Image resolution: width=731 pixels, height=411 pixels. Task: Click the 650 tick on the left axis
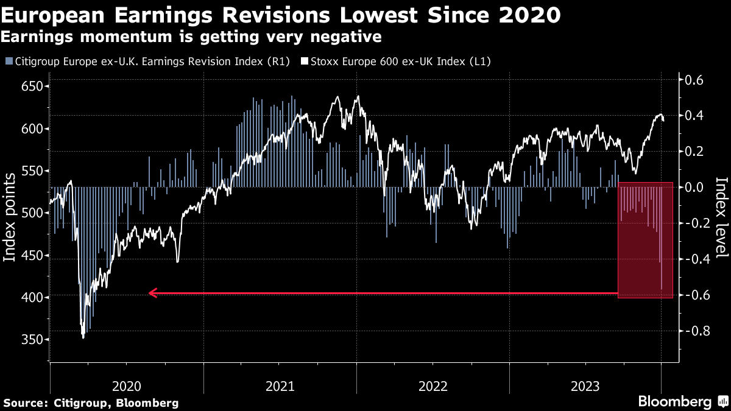point(33,86)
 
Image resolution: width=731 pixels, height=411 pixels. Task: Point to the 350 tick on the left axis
point(33,340)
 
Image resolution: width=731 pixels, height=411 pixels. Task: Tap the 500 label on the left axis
point(33,213)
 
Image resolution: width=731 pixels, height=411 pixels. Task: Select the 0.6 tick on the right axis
point(694,80)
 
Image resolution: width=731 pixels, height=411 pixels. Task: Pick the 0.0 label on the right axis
point(694,187)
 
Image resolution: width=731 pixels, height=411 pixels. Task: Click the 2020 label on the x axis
point(127,385)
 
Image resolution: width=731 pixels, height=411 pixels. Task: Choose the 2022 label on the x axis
point(433,385)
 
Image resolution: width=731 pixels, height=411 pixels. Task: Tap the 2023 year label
point(587,385)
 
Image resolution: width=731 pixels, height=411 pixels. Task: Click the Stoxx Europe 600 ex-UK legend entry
point(400,61)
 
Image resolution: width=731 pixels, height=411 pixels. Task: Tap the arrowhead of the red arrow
point(152,293)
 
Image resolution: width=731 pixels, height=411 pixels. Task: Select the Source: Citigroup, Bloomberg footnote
point(91,402)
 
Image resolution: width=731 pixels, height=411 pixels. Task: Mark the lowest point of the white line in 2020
point(83,337)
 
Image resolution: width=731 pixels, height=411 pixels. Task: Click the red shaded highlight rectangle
point(645,240)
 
